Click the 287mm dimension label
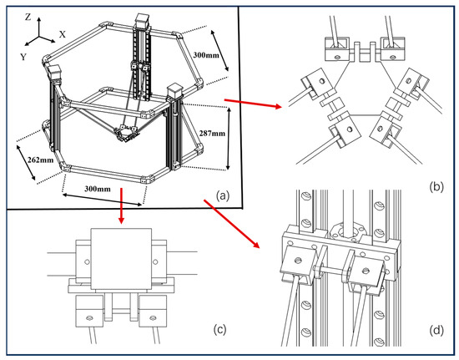(212, 134)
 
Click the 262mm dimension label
(40, 160)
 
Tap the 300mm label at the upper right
(206, 55)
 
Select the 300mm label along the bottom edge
(98, 189)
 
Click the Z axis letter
(28, 18)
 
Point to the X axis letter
(63, 34)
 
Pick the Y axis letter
(23, 57)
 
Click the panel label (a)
(223, 195)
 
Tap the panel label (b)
(436, 186)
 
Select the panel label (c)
(219, 330)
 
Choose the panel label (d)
(436, 331)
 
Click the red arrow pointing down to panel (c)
(121, 206)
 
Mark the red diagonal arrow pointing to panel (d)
(231, 224)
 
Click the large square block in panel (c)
(122, 259)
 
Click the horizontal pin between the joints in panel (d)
(332, 268)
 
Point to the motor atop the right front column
(174, 91)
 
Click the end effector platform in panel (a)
(125, 134)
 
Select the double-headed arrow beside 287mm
(229, 139)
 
